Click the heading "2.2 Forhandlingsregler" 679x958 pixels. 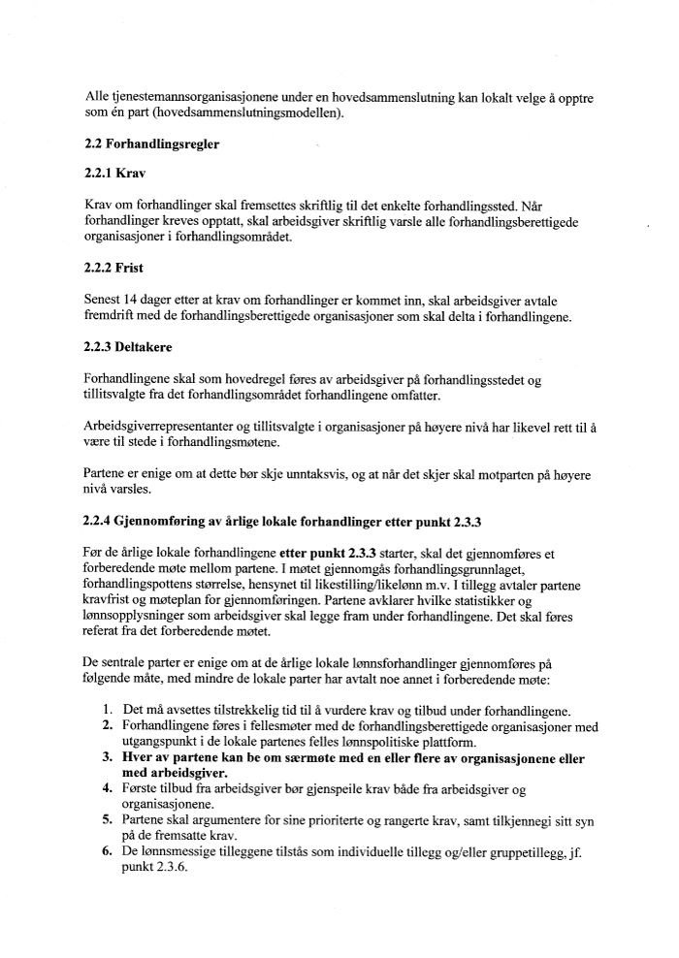151,144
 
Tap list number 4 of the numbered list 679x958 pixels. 108,789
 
